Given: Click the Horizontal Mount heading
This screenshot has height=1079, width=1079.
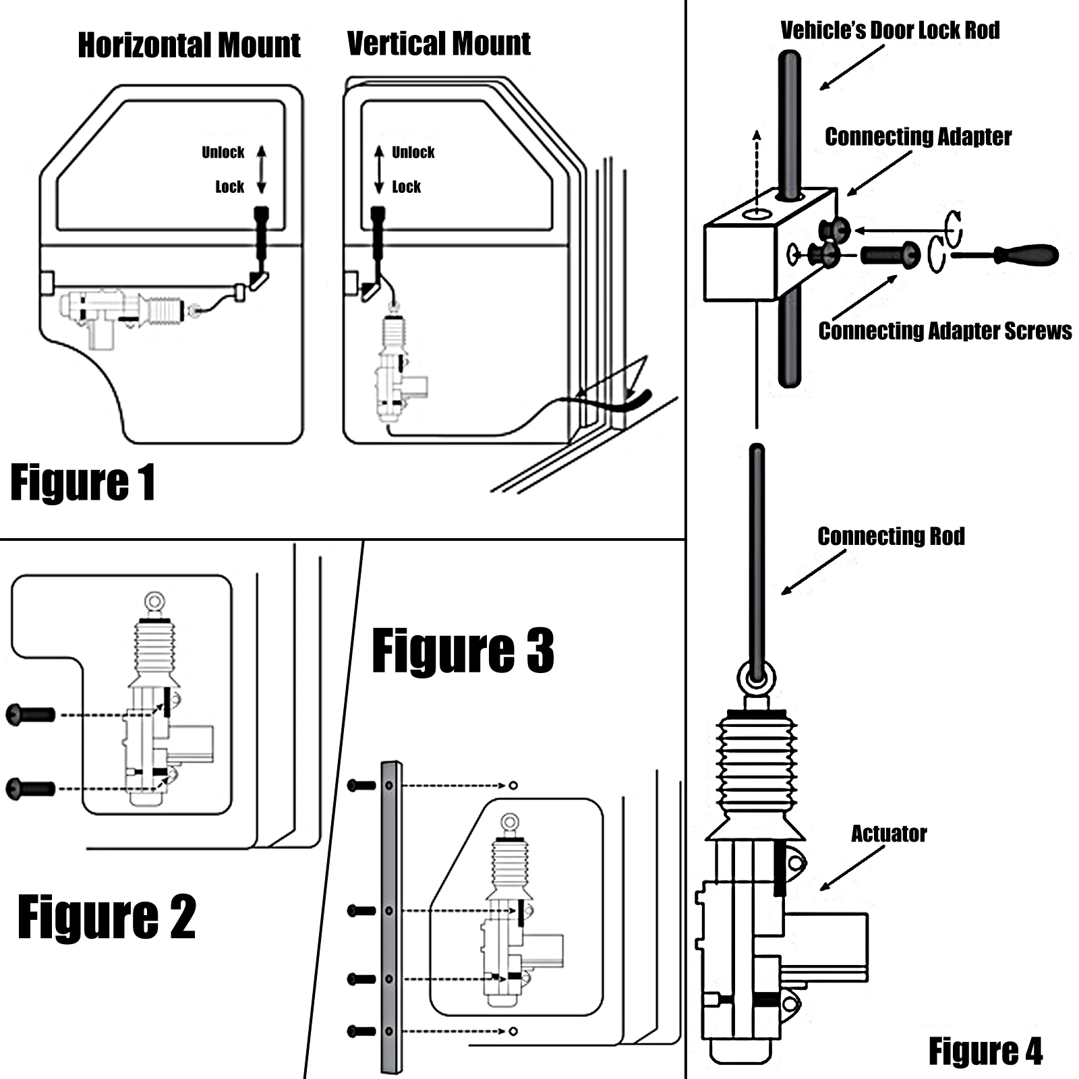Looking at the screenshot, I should click(x=189, y=46).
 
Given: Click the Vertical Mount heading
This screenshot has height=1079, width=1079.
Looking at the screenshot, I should click(x=438, y=44).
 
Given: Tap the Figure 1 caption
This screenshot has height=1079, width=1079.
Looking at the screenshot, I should click(x=83, y=483).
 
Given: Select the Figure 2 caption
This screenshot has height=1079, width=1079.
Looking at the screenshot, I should click(x=107, y=916).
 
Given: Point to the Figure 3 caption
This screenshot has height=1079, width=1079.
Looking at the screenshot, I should click(x=463, y=651).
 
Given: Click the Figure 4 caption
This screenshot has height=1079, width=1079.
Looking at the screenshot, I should click(x=985, y=1051).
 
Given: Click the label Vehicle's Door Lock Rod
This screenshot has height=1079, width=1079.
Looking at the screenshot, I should click(x=890, y=30).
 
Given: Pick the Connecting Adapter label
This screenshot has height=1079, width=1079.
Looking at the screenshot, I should click(x=918, y=137).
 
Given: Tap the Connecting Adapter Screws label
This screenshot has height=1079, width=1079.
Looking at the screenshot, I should click(x=945, y=331).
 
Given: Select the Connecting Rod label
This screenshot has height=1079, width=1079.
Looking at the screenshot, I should click(x=891, y=537).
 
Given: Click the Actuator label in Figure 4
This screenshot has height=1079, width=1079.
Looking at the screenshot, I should click(x=889, y=834).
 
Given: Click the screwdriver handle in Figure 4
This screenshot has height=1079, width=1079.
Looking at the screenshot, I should click(x=1025, y=255).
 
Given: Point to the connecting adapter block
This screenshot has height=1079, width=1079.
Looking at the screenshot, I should click(x=742, y=260).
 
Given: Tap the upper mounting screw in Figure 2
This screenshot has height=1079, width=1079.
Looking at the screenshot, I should click(x=30, y=714).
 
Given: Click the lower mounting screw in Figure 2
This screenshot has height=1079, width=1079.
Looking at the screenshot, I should click(x=30, y=788).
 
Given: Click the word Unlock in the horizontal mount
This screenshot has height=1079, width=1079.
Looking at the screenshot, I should click(x=223, y=152).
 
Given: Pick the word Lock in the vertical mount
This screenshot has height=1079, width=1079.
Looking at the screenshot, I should click(x=406, y=187).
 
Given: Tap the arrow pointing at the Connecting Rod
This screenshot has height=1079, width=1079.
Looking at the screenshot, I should click(x=813, y=573).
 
